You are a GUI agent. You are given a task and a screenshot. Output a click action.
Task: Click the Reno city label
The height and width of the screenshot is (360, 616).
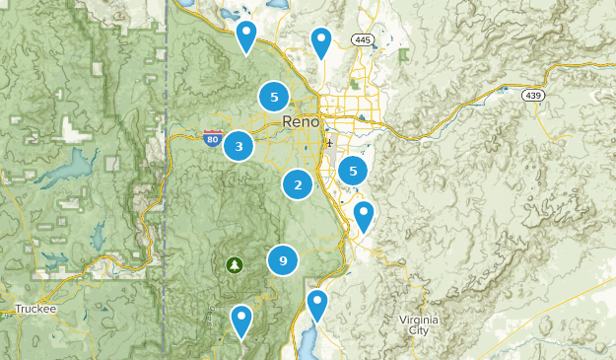pos(301,122)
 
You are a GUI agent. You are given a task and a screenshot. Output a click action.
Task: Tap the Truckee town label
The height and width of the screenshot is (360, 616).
pos(35,309)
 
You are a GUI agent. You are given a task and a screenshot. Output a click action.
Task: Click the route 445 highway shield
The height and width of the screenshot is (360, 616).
pos(362,39)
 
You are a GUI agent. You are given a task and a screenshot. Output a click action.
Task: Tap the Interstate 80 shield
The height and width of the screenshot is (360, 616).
pos(211,138)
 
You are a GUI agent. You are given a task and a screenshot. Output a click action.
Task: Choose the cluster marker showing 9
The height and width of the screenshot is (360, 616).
pos(283,260)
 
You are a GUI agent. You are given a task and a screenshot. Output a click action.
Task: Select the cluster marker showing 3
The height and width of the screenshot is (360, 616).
pos(239,146)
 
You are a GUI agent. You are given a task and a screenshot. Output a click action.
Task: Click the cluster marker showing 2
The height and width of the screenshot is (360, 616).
pos(298,183)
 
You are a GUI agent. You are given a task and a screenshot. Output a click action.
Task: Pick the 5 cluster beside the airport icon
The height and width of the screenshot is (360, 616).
pos(353,171)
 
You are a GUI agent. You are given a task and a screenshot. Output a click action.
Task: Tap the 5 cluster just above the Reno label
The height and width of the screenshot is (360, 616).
pos(274,97)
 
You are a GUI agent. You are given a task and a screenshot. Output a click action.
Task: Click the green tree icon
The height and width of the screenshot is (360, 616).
pos(235,264)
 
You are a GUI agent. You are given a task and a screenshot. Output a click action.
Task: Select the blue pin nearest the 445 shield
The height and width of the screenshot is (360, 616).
pos(320,41)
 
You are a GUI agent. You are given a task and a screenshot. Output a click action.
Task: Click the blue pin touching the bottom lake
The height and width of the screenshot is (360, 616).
pos(316,304)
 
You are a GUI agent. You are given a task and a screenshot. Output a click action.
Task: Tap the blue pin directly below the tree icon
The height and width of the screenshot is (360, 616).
pos(241,320)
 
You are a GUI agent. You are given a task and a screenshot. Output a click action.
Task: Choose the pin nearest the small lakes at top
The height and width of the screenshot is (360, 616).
pos(246,36)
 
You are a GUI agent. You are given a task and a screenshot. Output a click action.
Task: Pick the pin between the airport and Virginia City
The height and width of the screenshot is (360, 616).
pos(364,215)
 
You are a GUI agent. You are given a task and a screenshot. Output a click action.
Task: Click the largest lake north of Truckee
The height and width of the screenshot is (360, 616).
pos(59,175)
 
